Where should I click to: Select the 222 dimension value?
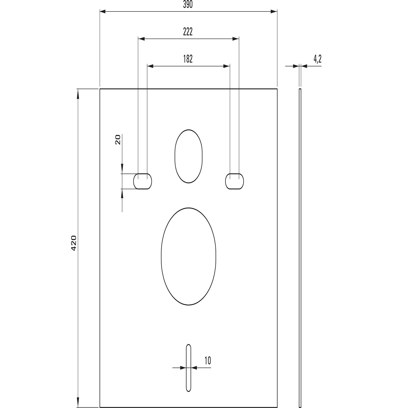point(188,32)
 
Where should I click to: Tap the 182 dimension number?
point(188,59)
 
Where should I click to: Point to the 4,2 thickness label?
point(317,59)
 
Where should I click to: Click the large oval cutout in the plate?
point(161,256)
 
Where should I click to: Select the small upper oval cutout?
point(175,156)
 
